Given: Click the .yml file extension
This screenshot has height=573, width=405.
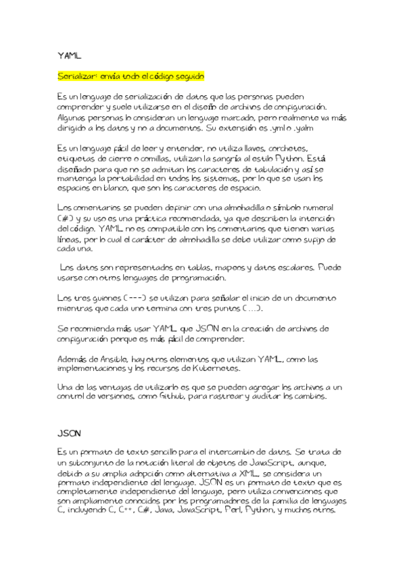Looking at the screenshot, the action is pyautogui.click(x=278, y=128).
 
